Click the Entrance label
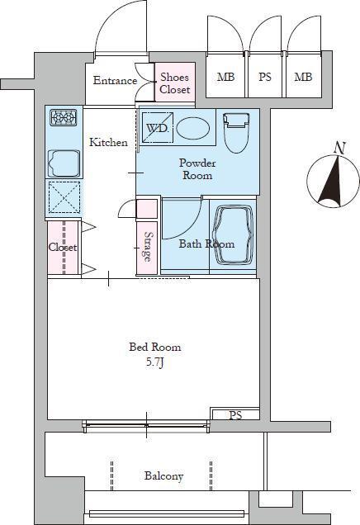click(x=115, y=80)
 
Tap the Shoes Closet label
click(x=174, y=83)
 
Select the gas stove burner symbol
click(x=64, y=118)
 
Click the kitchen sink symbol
click(x=64, y=163)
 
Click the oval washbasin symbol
click(x=193, y=128)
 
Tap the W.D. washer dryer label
click(x=157, y=128)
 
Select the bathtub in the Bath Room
click(x=233, y=235)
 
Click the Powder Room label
click(x=197, y=169)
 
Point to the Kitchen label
click(x=108, y=142)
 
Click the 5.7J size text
click(x=154, y=363)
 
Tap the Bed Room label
click(x=155, y=347)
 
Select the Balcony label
click(x=163, y=475)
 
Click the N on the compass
click(x=340, y=149)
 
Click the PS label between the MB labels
click(x=264, y=77)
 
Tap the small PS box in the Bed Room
click(x=235, y=414)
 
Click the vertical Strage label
click(x=147, y=247)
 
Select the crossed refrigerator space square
click(x=64, y=197)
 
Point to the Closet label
click(x=63, y=247)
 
